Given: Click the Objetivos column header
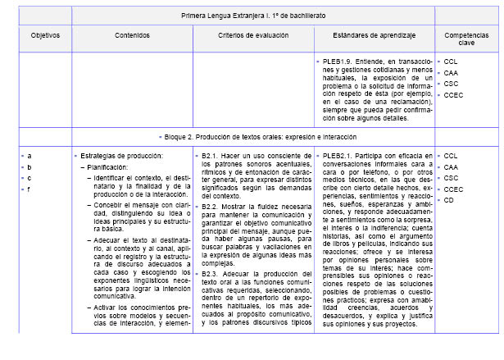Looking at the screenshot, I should pos(45,37).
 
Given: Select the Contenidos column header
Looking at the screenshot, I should pos(132,37).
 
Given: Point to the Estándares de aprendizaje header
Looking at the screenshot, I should pos(375,37).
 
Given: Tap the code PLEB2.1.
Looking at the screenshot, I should pos(341,155).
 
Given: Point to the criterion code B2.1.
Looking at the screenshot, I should pos(211,155).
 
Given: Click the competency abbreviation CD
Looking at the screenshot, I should pos(449,200).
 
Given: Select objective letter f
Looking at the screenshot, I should pos(29,189).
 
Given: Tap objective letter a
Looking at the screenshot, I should pos(30,155).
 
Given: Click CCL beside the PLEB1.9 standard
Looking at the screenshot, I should pos(451,62).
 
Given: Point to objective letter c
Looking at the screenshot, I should pos(30,178).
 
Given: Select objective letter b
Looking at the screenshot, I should pos(30,166).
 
